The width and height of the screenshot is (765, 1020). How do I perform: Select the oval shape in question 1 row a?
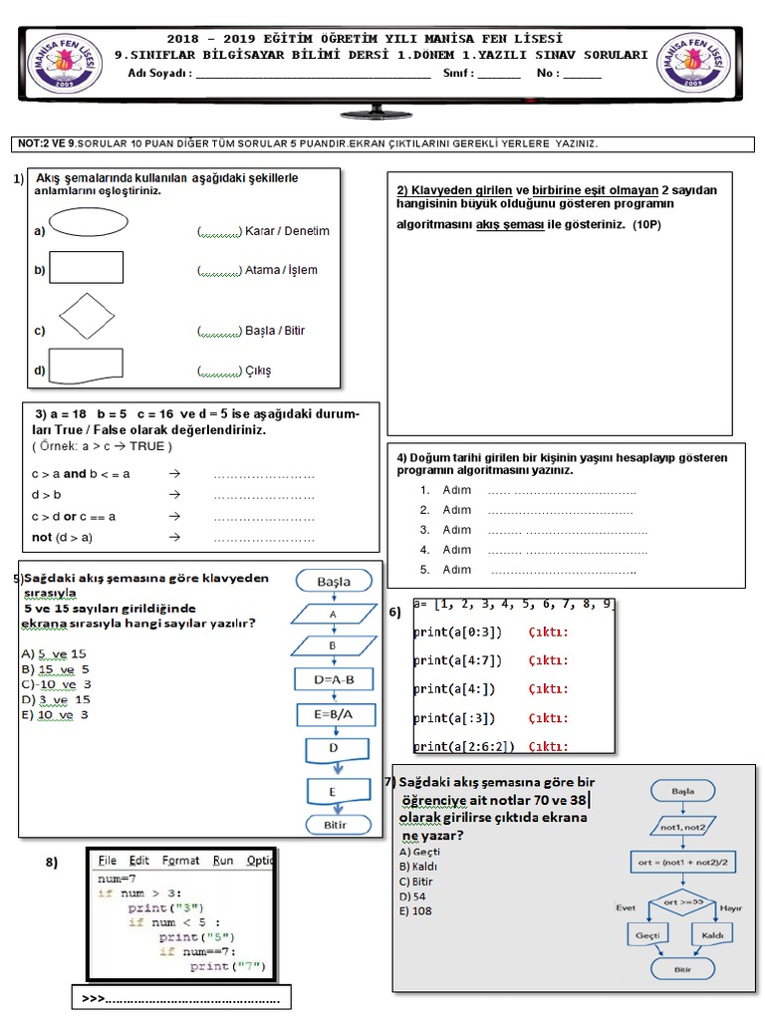tap(89, 222)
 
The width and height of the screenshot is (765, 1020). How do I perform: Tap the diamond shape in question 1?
tap(87, 317)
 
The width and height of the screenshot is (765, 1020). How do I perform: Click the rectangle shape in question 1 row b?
tap(87, 268)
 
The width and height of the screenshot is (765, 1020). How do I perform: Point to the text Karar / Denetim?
tap(287, 231)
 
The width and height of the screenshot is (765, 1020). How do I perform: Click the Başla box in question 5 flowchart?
tap(334, 581)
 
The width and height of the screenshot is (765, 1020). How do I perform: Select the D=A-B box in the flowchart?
tap(334, 680)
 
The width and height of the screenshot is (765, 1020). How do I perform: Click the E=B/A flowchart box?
tap(334, 714)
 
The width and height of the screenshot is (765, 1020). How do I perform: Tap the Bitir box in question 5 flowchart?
tap(334, 825)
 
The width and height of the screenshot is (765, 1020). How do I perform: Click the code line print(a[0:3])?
tap(459, 632)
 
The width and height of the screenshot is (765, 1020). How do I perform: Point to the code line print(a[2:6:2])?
tap(464, 746)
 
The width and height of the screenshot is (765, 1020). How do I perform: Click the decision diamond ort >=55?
tap(682, 902)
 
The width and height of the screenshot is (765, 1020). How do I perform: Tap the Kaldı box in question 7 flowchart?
tap(712, 936)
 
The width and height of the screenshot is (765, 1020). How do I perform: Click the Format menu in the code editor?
tap(180, 861)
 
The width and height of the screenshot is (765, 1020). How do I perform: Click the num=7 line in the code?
tap(117, 880)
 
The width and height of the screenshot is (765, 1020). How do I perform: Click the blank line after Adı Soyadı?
tap(313, 74)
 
